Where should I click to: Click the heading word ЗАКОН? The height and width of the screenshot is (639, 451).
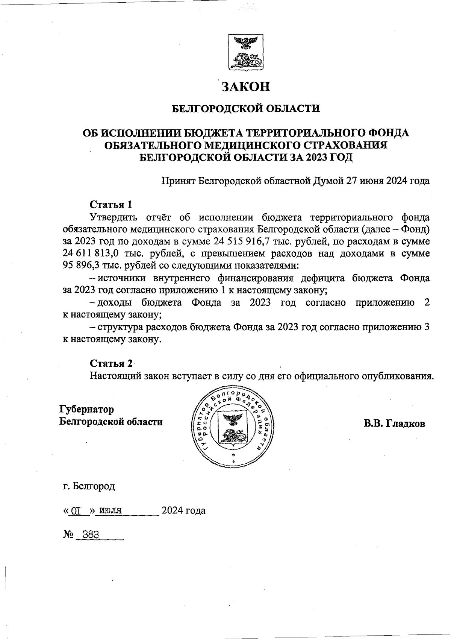pyautogui.click(x=246, y=87)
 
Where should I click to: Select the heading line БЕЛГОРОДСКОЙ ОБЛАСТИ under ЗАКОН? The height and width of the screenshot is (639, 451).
pyautogui.click(x=246, y=109)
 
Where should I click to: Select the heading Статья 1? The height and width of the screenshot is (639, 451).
pyautogui.click(x=111, y=205)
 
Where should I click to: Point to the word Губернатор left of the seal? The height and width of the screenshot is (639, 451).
pyautogui.click(x=86, y=409)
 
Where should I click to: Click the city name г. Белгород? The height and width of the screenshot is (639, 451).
pyautogui.click(x=89, y=486)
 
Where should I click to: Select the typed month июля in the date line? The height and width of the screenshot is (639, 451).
pyautogui.click(x=111, y=511)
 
